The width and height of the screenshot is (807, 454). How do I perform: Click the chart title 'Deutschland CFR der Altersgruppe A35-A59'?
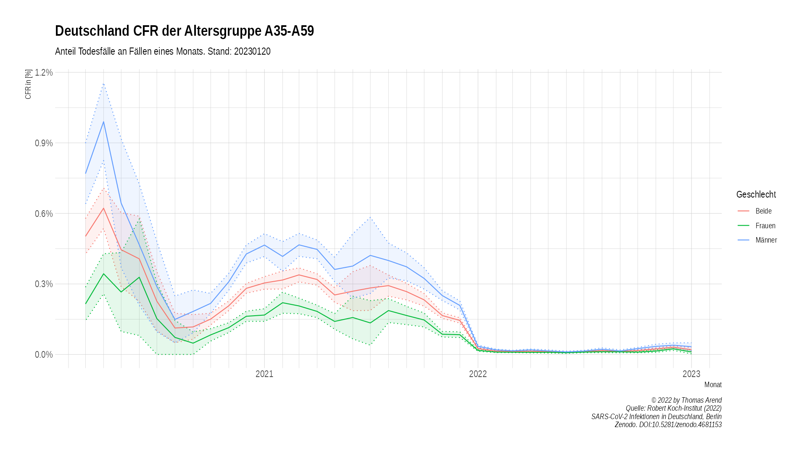184,31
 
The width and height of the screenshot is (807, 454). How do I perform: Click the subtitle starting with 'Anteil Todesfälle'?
163,51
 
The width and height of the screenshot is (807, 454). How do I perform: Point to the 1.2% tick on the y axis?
44,72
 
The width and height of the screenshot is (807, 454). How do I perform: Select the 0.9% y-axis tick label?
44,143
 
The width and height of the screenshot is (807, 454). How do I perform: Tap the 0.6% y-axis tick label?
44,214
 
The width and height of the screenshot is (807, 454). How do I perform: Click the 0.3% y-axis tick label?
44,284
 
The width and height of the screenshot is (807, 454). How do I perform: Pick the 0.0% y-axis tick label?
44,355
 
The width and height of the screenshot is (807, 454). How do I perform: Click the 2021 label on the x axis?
264,374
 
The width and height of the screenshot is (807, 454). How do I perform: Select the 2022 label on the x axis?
478,374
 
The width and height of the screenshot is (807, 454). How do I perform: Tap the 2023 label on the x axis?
691,374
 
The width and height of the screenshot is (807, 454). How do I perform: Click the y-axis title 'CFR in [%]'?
28,84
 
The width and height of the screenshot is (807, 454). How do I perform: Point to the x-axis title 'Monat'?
713,385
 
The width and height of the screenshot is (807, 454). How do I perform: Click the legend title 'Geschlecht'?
756,195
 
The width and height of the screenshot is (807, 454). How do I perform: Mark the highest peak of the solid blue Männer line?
103,122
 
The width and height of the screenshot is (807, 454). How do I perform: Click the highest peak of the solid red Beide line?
103,208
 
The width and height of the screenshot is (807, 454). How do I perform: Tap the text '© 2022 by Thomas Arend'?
686,400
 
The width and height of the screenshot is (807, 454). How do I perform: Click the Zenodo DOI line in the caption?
668,425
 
